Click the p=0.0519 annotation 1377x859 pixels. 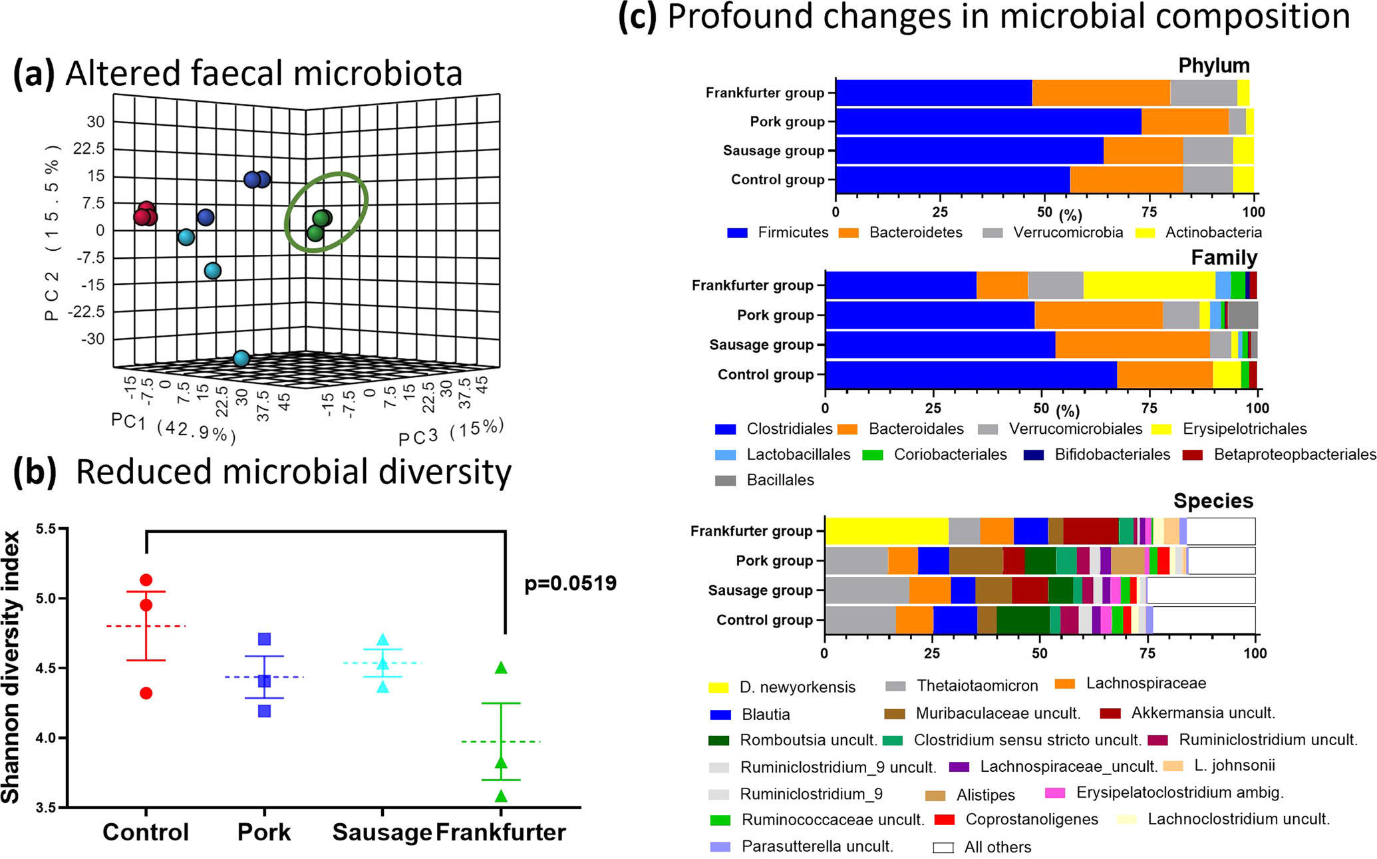click(570, 584)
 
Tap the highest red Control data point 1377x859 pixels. click(146, 580)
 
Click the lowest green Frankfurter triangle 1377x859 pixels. click(502, 796)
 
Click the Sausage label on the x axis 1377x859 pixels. click(382, 832)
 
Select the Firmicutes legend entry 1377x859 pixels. click(778, 233)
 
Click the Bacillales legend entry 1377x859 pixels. click(764, 480)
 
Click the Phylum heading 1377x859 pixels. click(1213, 65)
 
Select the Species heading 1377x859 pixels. click(1213, 501)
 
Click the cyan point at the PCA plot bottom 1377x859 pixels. click(241, 359)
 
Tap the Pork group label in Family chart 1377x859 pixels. click(775, 315)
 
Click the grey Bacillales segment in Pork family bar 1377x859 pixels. click(1243, 315)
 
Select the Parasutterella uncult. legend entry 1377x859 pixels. click(801, 847)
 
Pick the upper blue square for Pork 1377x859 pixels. click(265, 639)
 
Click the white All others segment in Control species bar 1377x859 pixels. click(1204, 620)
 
